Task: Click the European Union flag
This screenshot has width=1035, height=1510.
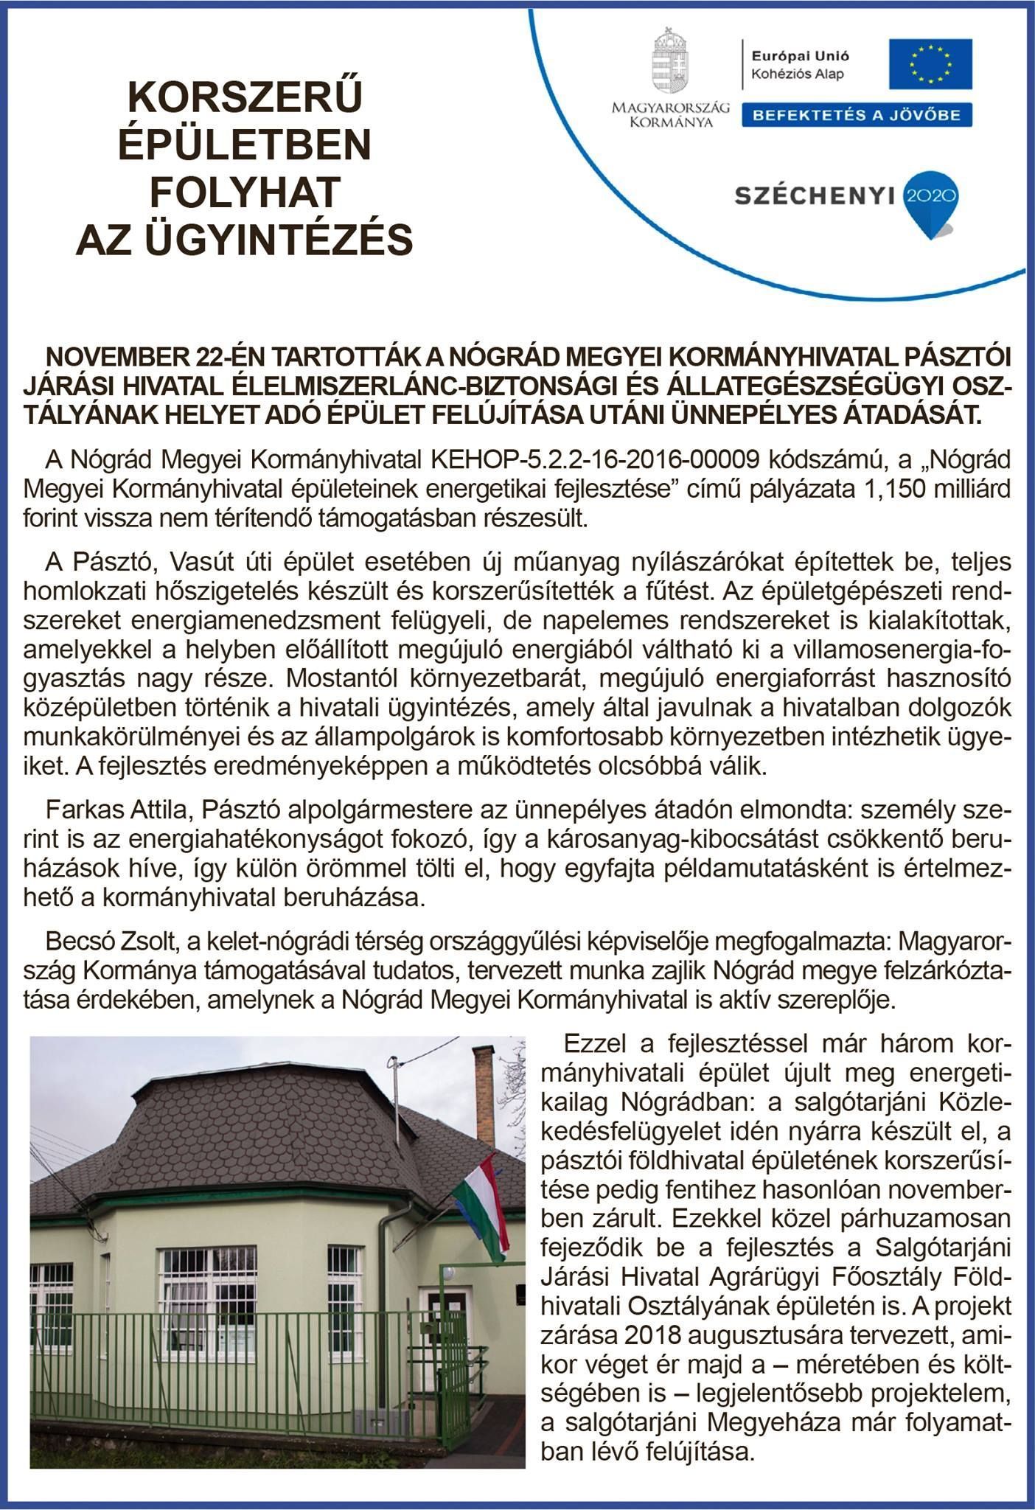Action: pos(930,63)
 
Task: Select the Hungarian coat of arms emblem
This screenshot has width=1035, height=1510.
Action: pos(669,62)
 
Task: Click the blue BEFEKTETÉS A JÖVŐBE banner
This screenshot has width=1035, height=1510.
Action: pos(856,115)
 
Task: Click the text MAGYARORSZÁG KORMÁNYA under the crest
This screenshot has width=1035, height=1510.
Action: pos(670,114)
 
